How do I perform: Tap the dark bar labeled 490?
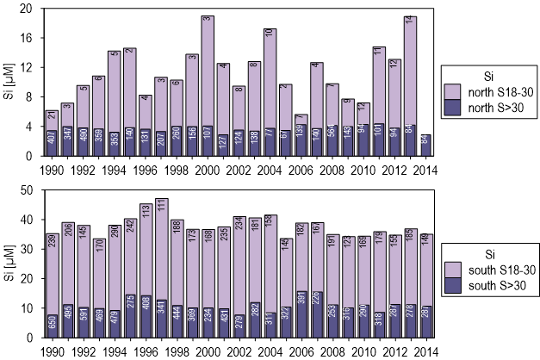83,140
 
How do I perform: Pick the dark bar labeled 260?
177,140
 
